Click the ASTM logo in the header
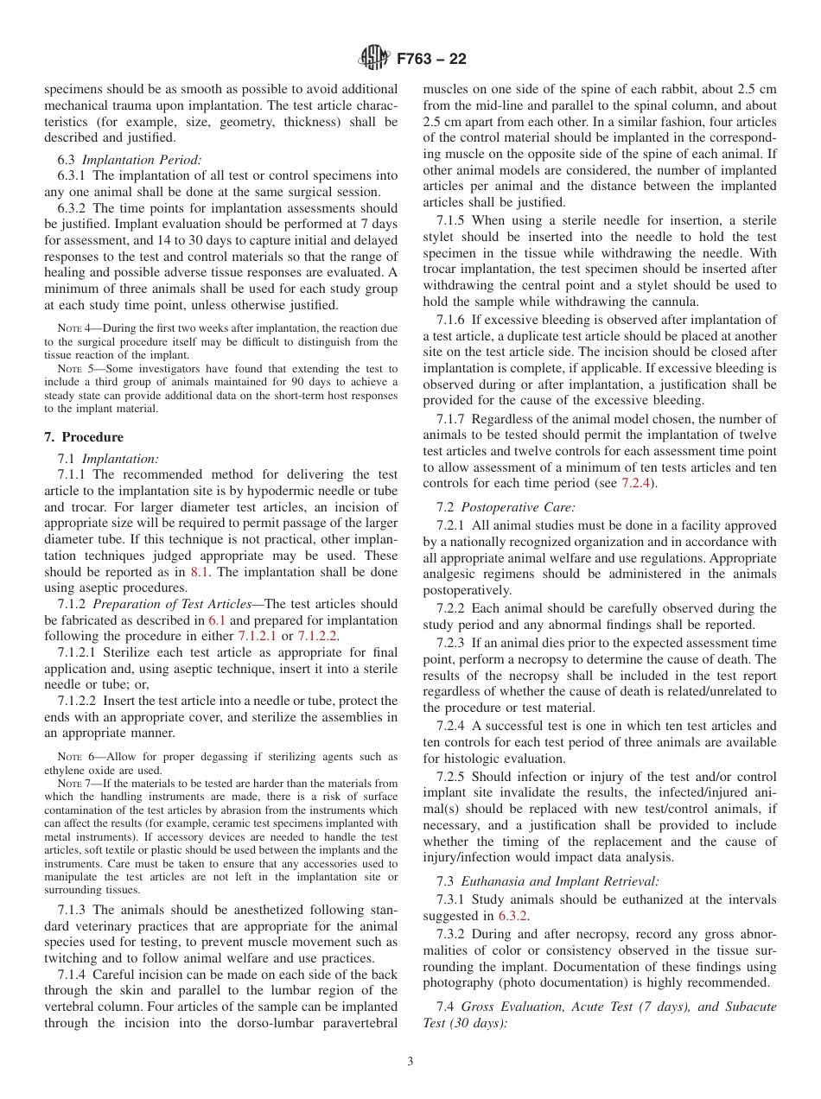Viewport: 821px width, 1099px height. click(373, 59)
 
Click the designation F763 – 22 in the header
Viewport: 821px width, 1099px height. click(431, 59)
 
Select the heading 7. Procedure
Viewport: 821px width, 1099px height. click(84, 437)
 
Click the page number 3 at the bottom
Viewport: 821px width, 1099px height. click(410, 1062)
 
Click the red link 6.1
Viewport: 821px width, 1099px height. click(218, 621)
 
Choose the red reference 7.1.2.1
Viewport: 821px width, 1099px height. click(257, 638)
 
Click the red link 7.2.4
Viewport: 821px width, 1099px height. click(638, 483)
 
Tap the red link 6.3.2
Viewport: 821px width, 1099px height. click(513, 916)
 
